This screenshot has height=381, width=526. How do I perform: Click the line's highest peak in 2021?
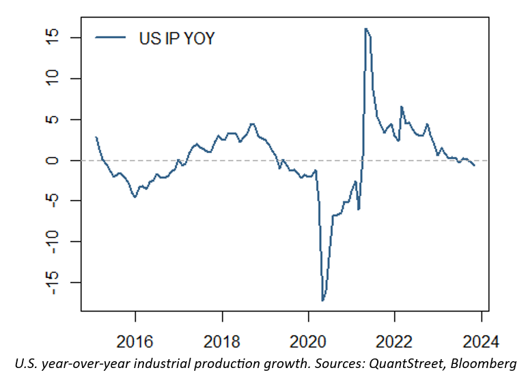coord(365,29)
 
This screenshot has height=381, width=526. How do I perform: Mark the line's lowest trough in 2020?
coord(322,300)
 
